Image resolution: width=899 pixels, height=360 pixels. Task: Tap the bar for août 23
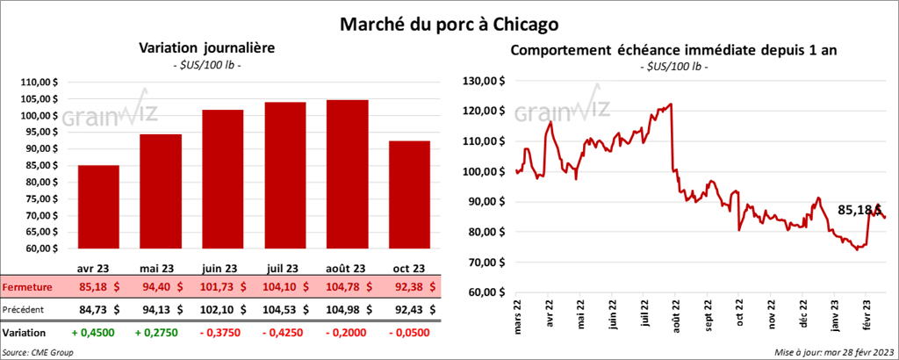347,176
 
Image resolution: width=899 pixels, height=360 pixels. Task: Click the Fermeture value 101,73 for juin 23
222,286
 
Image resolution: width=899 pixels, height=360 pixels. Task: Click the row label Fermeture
26,286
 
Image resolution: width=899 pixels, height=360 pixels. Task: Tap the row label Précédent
25,309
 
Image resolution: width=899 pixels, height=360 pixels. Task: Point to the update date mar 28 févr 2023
834,352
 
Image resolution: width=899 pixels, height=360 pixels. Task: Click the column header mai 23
160,269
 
